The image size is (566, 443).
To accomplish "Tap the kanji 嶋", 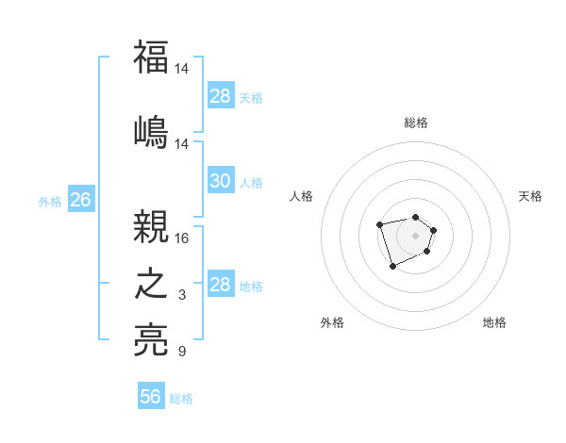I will (x=151, y=131).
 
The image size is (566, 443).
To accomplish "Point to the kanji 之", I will (x=151, y=284).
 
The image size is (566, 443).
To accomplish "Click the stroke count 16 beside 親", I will (x=182, y=238).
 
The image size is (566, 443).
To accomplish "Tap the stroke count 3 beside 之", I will (x=182, y=295).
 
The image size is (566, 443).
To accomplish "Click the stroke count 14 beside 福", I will (x=182, y=69).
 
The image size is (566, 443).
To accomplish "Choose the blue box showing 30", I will (x=220, y=181).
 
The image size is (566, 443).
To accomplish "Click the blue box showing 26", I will (x=80, y=200).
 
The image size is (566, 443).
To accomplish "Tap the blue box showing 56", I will (x=150, y=397).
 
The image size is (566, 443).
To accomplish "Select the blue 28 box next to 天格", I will (x=220, y=96).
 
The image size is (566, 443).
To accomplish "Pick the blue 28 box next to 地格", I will (x=220, y=285).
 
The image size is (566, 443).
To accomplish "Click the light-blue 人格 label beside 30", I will (x=251, y=182).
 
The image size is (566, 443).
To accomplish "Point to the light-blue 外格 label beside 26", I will (x=50, y=201).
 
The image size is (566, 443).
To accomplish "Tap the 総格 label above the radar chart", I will (x=416, y=123).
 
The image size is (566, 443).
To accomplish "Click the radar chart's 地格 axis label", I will (x=494, y=322).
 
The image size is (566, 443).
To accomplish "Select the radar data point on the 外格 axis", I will (x=392, y=267).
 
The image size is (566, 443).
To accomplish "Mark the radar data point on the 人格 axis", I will (x=379, y=224).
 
